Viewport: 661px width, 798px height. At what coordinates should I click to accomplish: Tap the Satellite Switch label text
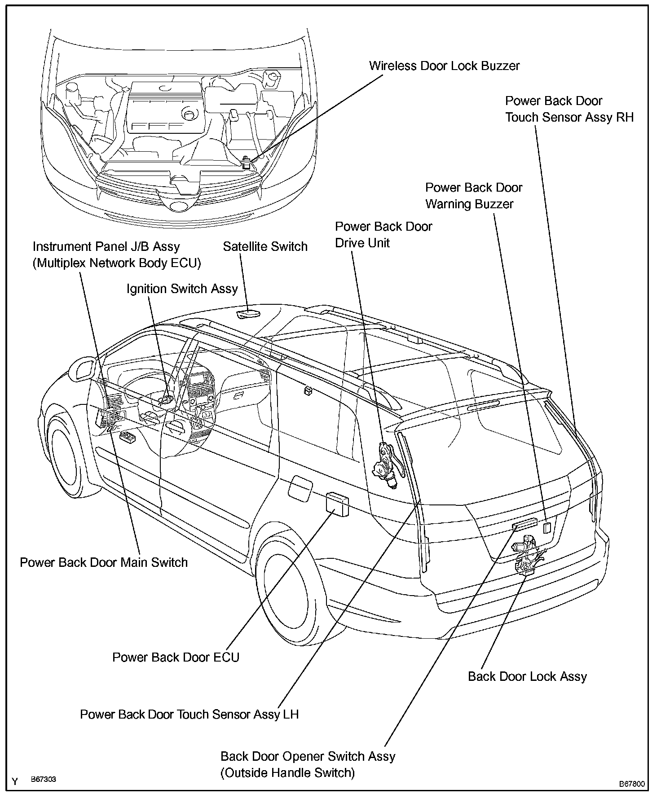click(265, 246)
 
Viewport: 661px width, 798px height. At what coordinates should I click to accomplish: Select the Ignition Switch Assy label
click(182, 289)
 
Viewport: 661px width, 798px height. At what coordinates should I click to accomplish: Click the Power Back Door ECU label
click(176, 657)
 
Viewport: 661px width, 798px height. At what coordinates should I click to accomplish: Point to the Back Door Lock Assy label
click(527, 676)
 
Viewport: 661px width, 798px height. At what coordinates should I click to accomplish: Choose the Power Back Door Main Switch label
click(104, 562)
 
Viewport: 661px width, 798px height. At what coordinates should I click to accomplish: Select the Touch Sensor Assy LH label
click(189, 715)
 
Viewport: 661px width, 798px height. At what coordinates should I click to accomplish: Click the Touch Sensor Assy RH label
click(569, 109)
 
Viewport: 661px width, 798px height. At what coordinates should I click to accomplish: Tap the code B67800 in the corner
click(632, 784)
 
